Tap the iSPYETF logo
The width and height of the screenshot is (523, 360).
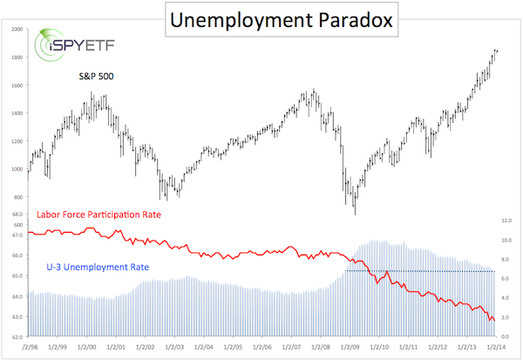(66, 46)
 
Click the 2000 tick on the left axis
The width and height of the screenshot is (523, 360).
(17, 30)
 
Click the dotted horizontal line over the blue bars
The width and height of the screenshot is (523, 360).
(418, 271)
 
